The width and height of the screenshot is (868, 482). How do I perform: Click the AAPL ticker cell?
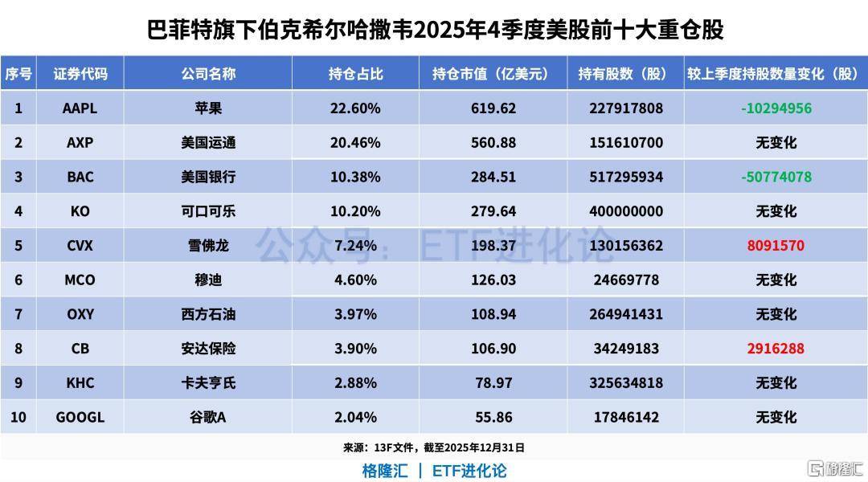point(80,108)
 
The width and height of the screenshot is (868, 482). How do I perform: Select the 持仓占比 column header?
point(355,74)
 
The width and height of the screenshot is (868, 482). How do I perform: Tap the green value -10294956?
point(776,108)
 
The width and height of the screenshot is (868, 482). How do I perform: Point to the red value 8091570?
point(776,245)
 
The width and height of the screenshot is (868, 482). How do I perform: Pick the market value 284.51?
point(493,177)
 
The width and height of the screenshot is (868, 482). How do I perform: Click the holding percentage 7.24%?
point(355,245)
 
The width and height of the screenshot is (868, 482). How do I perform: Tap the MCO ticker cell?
point(80,280)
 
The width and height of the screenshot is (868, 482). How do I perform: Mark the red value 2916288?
point(776,349)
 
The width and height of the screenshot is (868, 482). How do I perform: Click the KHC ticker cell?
point(80,383)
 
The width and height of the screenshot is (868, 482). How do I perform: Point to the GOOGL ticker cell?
point(80,418)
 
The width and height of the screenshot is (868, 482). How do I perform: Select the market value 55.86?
point(493,418)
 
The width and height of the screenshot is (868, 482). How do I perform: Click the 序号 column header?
point(18,74)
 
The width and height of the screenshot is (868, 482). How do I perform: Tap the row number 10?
point(18,418)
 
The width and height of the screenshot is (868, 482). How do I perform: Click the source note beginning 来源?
point(433,447)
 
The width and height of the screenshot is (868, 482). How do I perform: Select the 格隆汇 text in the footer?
point(384,470)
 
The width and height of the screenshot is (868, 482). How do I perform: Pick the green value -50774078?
point(776,177)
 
